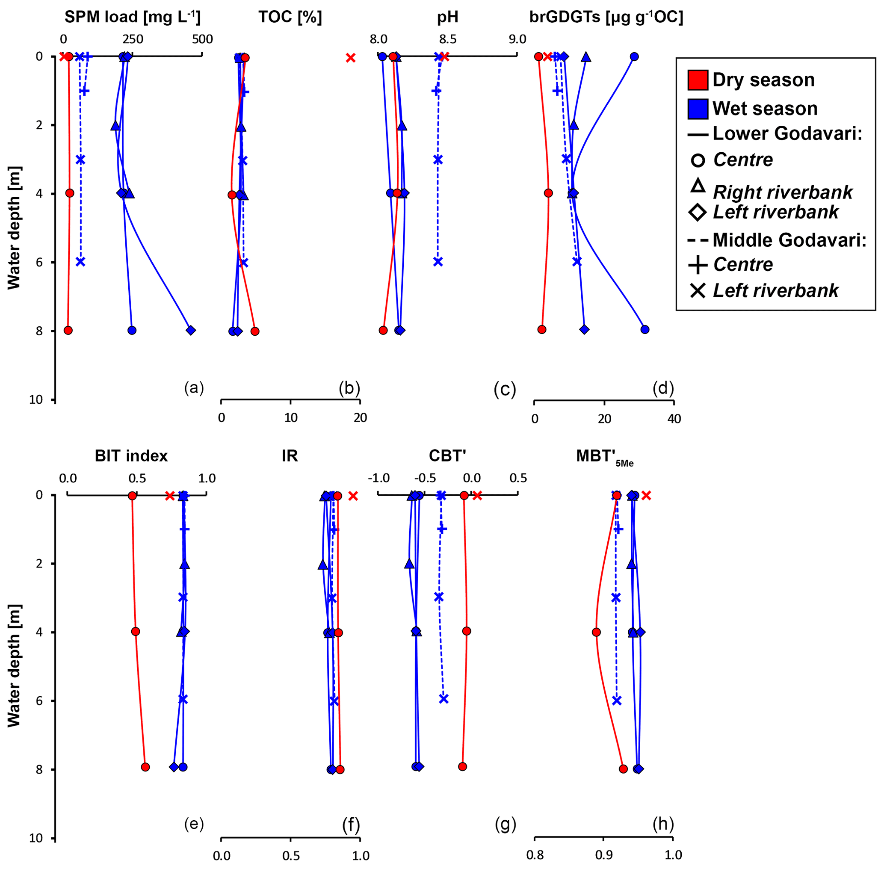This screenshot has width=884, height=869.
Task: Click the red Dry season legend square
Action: click(x=698, y=80)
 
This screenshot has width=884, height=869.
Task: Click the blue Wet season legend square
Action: click(x=698, y=109)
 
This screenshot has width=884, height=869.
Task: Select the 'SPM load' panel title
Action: click(x=132, y=17)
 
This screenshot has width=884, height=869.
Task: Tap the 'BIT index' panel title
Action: click(x=131, y=455)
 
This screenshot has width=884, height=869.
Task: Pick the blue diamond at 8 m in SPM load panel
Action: click(x=191, y=330)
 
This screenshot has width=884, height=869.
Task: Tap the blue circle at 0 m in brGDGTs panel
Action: click(x=634, y=56)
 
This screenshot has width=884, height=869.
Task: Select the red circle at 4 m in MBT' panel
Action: click(x=596, y=632)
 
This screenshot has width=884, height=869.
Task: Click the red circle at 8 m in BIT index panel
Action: click(x=145, y=767)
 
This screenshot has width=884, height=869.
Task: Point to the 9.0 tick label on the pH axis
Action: click(x=517, y=39)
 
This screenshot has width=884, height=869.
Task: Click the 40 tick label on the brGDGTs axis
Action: click(x=674, y=419)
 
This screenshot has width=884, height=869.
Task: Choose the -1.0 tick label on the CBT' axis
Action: click(x=379, y=478)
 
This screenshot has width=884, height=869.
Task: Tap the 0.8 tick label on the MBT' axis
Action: click(x=535, y=855)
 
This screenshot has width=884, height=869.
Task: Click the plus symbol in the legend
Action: click(x=698, y=265)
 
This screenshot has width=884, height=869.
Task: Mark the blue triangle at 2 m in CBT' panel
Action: click(x=409, y=564)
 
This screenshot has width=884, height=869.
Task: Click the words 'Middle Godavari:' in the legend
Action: click(x=789, y=240)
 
